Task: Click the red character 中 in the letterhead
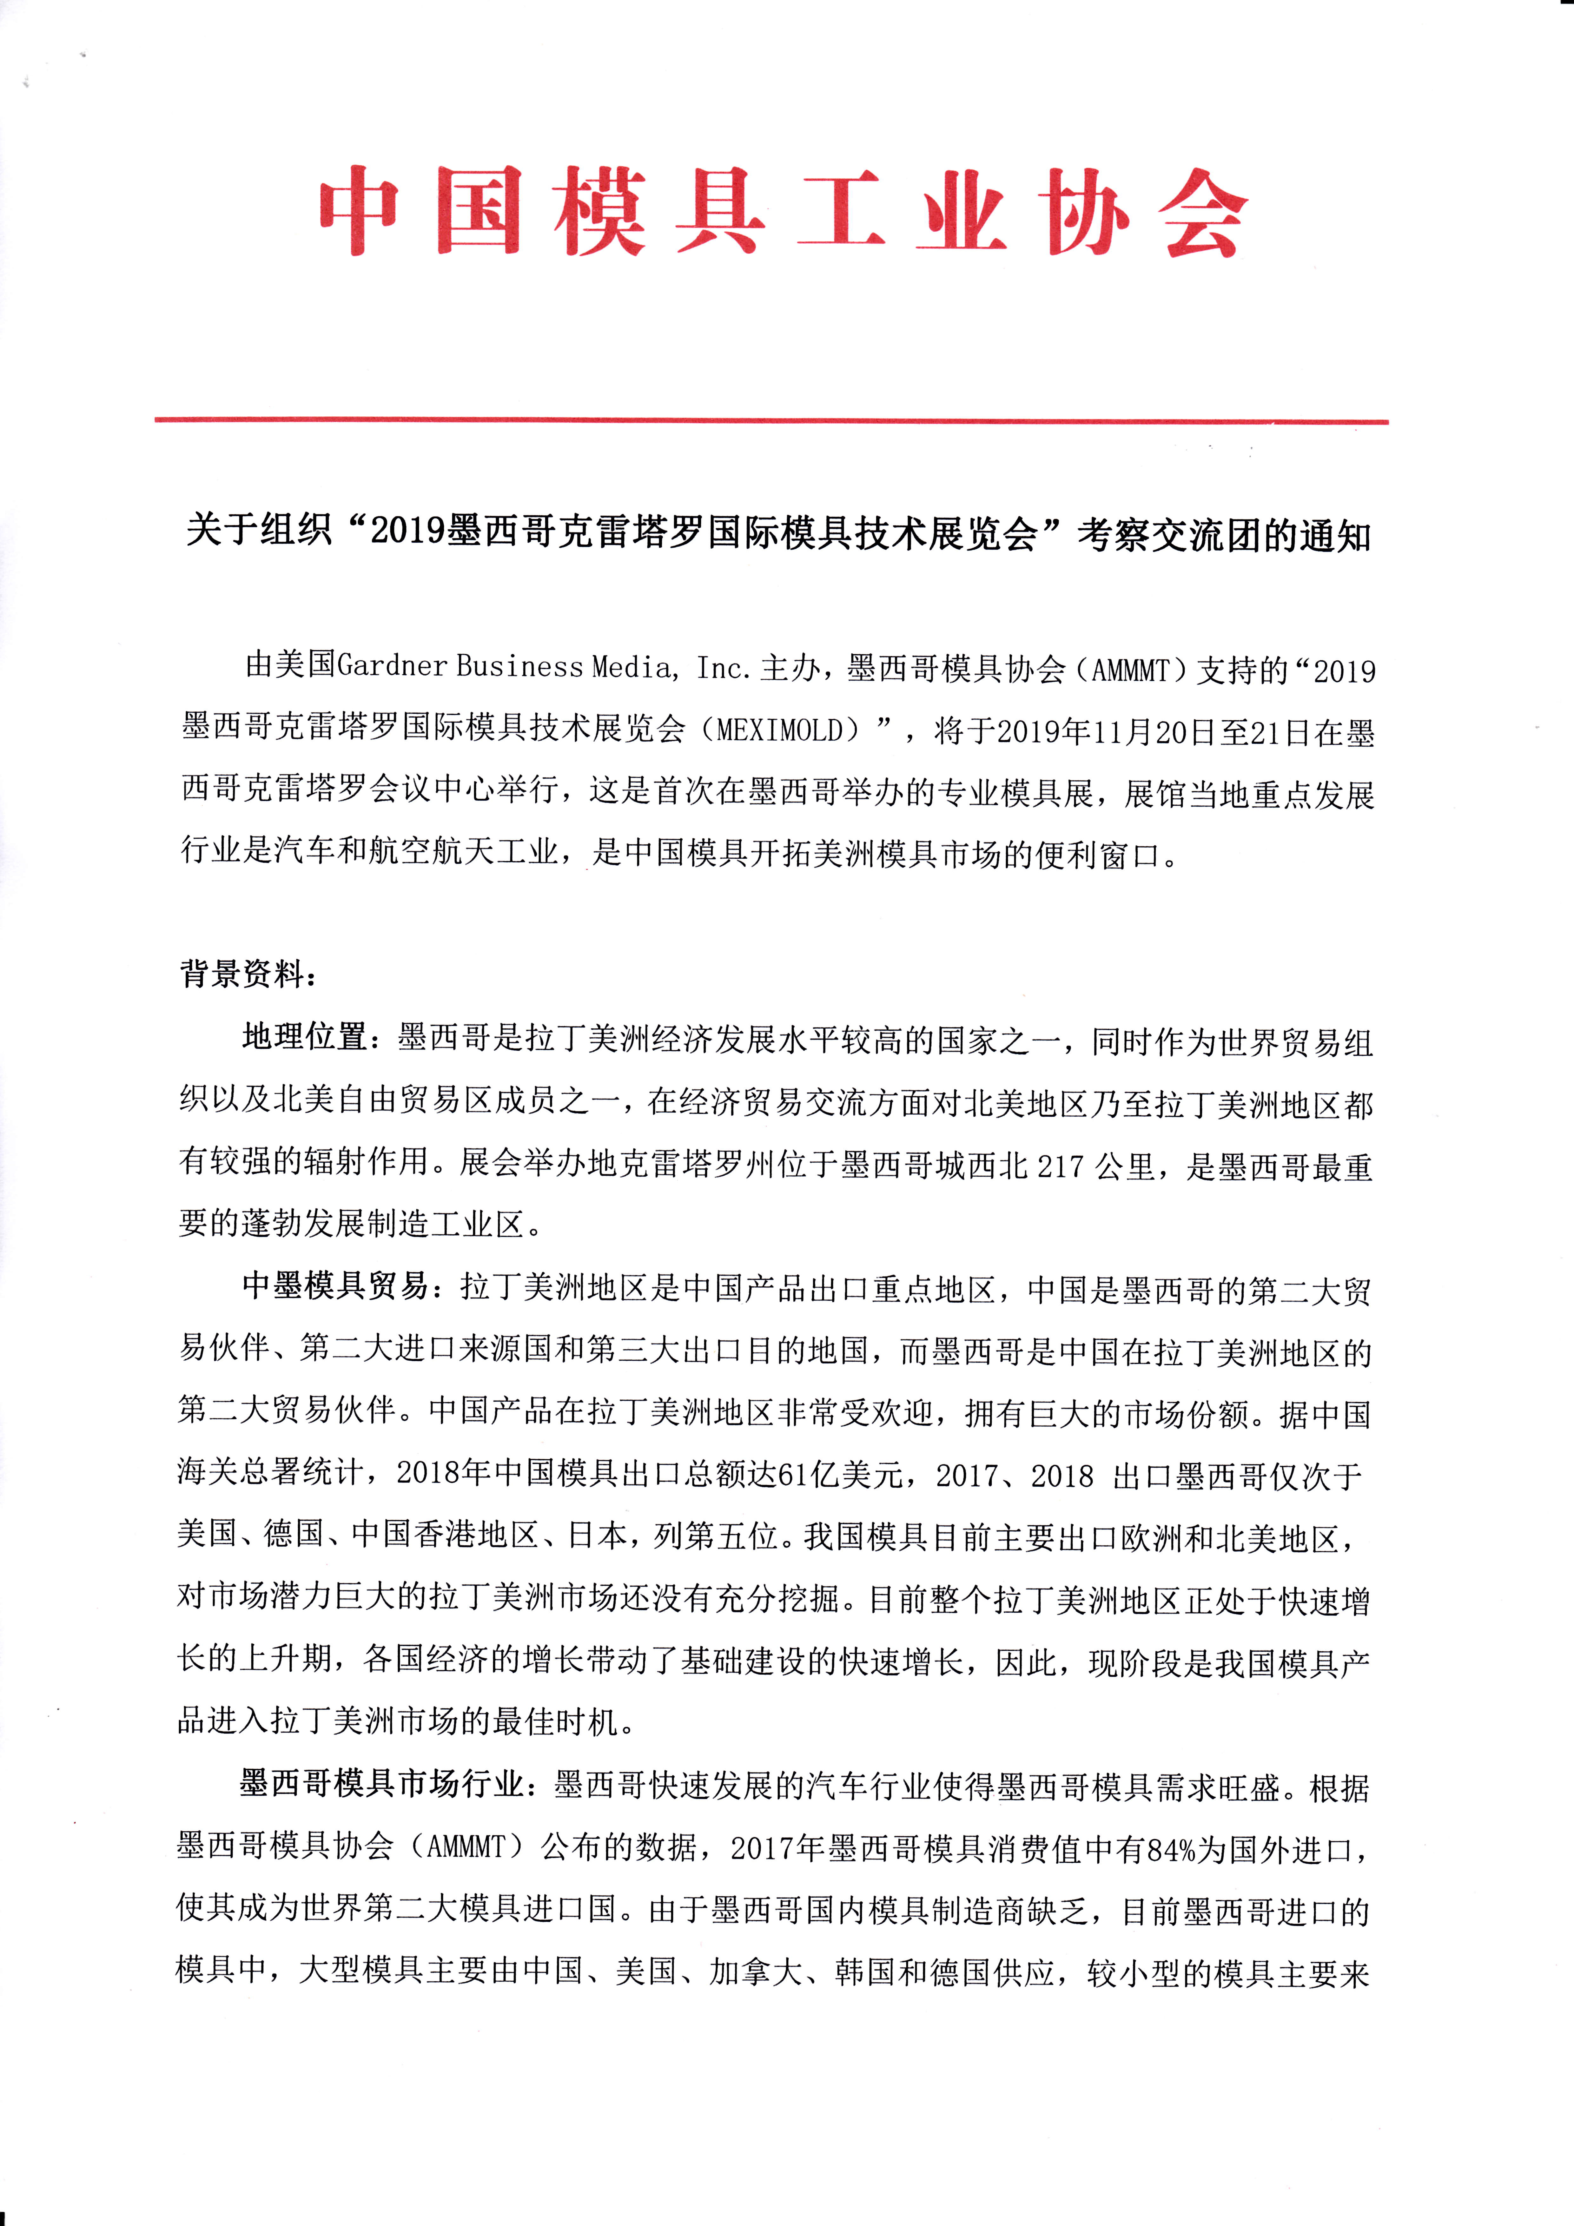pyautogui.click(x=359, y=211)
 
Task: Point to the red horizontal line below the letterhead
pyautogui.click(x=771, y=421)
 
